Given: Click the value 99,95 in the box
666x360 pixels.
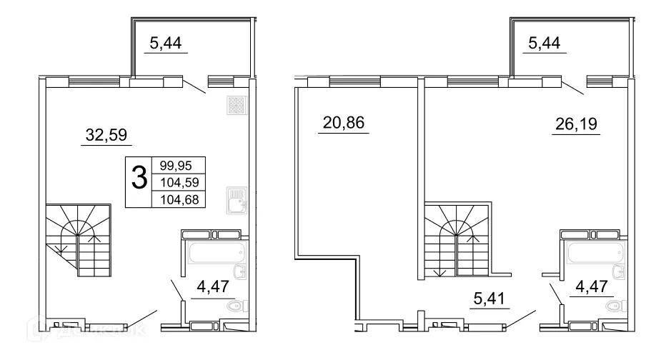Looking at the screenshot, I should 176,164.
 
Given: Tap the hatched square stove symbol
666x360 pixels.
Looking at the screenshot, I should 237,106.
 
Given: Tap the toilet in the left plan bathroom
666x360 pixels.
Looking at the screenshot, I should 235,306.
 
